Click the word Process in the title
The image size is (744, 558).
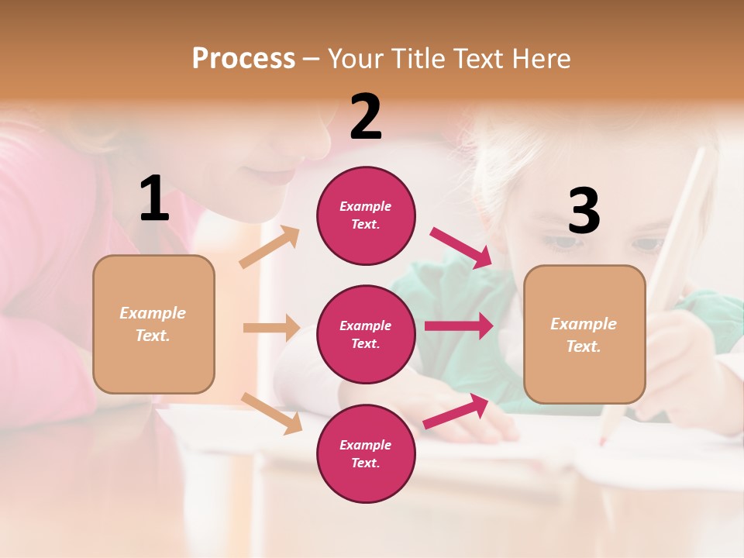point(243,58)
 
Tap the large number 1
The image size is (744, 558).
point(154,199)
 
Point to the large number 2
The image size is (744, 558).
point(366,117)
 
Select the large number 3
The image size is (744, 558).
point(584,212)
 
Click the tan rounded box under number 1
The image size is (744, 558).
point(153,324)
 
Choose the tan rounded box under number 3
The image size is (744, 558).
point(584,334)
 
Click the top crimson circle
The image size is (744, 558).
point(366,215)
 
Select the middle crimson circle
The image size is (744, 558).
point(366,334)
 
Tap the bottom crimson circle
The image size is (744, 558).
point(366,453)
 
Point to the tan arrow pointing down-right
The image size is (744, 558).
point(271,413)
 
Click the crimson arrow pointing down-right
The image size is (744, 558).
point(461,247)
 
